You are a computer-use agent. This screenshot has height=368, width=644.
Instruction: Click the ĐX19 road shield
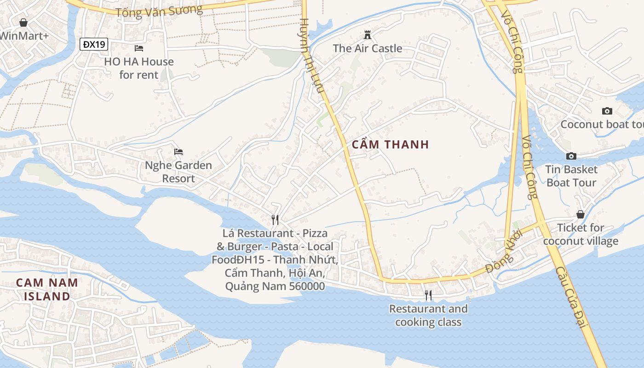click(x=94, y=44)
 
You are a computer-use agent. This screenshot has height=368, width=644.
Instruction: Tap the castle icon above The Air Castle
click(x=367, y=35)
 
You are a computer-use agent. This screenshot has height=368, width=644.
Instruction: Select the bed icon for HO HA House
click(x=139, y=48)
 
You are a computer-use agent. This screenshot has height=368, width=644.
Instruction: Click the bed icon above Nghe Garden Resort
click(x=178, y=152)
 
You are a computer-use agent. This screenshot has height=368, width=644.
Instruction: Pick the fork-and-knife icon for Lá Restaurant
click(x=275, y=219)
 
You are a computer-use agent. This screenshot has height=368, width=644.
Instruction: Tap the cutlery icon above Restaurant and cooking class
click(x=428, y=295)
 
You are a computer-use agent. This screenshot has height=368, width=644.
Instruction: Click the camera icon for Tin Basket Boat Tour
click(x=571, y=156)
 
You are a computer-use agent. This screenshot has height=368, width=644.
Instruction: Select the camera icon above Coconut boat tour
click(x=607, y=111)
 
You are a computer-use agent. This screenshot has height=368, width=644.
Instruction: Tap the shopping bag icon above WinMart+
click(x=23, y=22)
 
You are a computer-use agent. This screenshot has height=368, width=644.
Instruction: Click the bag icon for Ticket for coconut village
click(x=581, y=214)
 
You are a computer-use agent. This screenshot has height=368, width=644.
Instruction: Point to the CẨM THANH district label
click(x=390, y=144)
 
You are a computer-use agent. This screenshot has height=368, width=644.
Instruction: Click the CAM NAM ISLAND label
click(x=47, y=289)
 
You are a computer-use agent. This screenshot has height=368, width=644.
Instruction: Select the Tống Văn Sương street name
click(x=159, y=11)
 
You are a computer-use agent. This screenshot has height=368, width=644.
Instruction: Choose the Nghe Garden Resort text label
click(x=178, y=172)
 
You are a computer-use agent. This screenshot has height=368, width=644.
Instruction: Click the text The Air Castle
click(x=367, y=48)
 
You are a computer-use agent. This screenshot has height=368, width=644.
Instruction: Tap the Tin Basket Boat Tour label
click(x=571, y=176)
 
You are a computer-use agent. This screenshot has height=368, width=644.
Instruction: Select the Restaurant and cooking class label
click(x=428, y=315)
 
